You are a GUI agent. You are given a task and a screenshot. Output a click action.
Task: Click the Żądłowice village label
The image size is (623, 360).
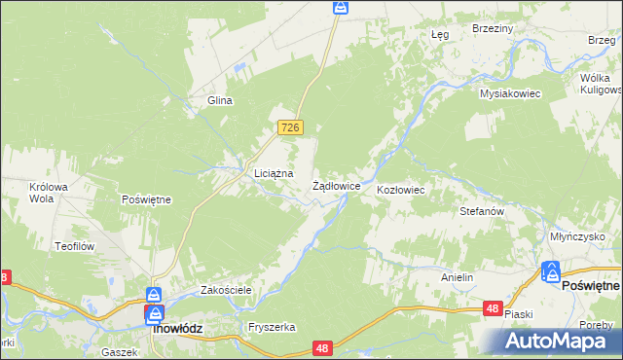(337, 185)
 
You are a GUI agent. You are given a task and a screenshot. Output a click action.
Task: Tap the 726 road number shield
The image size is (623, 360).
(291, 127)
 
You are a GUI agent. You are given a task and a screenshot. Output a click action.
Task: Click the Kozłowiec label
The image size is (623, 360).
(401, 190)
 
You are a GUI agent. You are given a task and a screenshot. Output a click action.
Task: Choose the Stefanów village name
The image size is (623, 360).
(480, 210)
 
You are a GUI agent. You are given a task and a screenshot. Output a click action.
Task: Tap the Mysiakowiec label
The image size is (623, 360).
(509, 93)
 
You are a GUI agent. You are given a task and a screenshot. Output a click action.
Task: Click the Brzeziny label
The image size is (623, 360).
(492, 29)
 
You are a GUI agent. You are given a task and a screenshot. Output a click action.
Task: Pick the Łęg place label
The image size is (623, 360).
(439, 34)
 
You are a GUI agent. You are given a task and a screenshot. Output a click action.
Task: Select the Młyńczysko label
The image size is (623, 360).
(577, 236)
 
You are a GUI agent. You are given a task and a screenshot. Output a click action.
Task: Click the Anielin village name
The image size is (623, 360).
(457, 277)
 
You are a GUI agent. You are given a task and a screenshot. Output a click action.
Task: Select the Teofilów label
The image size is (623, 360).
(74, 246)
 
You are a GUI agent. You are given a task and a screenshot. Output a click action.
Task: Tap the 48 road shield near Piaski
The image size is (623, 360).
(493, 308)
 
